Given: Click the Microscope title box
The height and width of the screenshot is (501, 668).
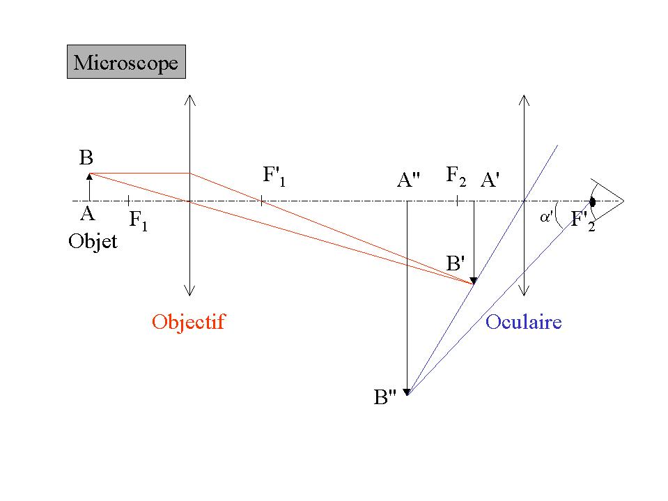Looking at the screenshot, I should [126, 63].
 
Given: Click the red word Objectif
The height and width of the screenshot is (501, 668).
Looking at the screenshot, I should [189, 322].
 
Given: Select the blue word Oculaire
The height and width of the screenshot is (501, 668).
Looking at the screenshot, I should [523, 322].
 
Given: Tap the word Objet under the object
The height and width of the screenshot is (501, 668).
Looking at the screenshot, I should [93, 242].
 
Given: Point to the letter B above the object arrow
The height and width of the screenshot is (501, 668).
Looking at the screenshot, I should [86, 159].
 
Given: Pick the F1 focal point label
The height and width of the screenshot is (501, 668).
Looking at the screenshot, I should [139, 221].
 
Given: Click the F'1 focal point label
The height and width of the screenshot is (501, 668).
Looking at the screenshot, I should [274, 176].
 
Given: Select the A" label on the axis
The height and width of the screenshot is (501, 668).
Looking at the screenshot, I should [408, 180].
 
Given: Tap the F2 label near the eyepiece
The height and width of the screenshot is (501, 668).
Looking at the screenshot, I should [456, 176].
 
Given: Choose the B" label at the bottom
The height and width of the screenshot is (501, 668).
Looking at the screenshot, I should [385, 398].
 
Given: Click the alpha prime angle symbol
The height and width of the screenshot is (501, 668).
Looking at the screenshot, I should [547, 217].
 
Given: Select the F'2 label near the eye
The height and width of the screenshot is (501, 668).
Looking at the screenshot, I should [583, 221].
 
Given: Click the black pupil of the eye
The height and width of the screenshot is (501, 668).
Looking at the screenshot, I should [592, 202].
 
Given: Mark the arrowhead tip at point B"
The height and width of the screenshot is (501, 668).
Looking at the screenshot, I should [407, 394].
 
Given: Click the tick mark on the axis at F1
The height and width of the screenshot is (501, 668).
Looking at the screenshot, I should [128, 201].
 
